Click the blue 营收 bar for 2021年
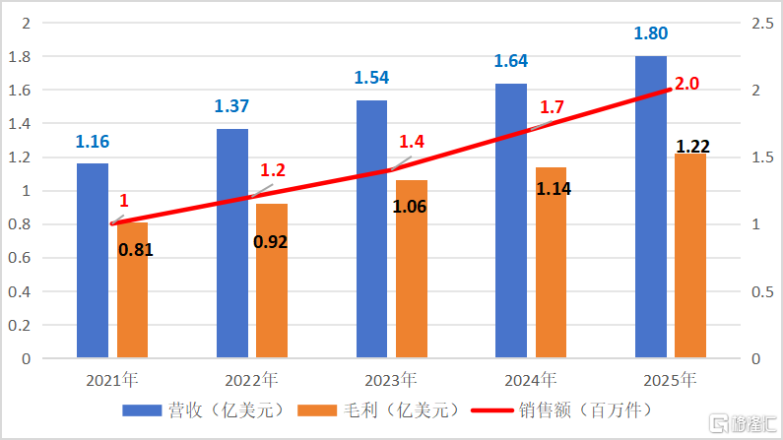click(93, 260)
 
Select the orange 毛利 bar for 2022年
click(272, 281)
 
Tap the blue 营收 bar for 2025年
click(650, 207)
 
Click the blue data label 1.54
click(371, 76)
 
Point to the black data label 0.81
click(135, 249)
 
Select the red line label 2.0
click(686, 84)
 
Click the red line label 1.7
click(552, 106)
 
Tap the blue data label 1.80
click(650, 32)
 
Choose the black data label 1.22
click(692, 147)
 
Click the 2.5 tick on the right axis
click(751, 23)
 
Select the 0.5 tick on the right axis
click(751, 292)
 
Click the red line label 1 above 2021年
click(124, 200)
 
